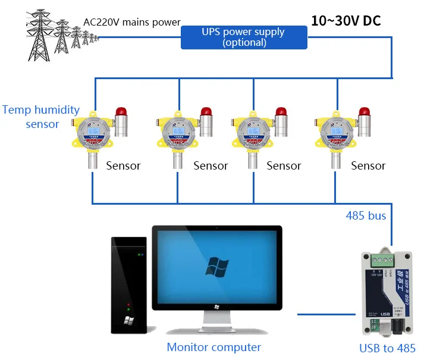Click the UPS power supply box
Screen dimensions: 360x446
(x=244, y=37)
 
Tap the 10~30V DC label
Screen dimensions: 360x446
(x=346, y=20)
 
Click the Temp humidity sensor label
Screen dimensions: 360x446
(x=41, y=117)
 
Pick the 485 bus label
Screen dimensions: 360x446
(x=366, y=215)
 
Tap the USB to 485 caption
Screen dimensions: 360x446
(x=387, y=348)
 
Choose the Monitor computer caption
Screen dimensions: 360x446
(x=213, y=347)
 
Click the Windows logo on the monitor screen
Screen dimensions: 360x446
(x=216, y=267)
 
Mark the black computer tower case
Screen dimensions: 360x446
(x=129, y=284)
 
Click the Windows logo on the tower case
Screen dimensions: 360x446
(x=128, y=320)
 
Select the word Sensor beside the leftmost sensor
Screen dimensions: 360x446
(x=123, y=165)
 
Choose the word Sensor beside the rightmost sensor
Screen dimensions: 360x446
(x=368, y=165)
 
